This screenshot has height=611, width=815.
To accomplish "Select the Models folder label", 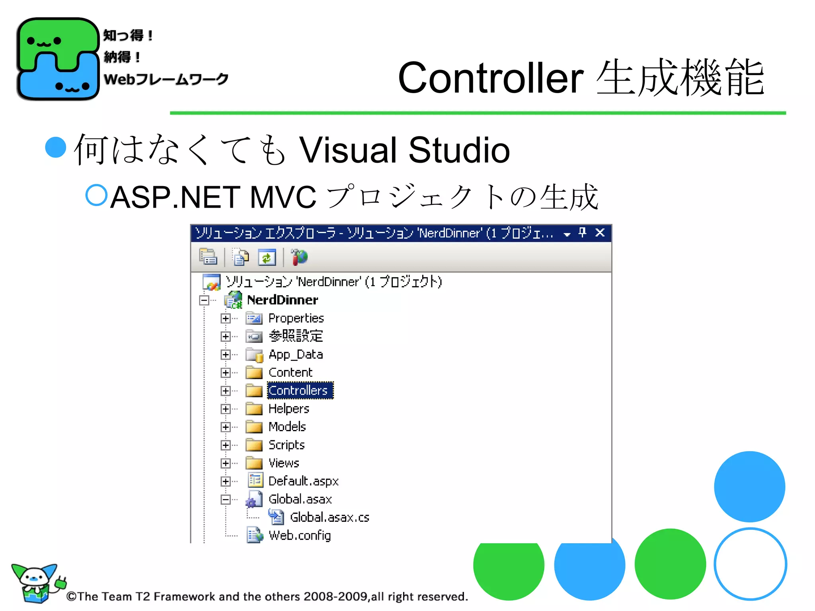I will [287, 427].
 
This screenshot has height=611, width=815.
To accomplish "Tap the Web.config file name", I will [300, 535].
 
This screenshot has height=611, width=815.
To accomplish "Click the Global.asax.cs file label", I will [330, 518].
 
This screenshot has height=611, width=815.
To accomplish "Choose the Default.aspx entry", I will [303, 481].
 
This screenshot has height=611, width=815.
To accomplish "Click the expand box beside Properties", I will [226, 318].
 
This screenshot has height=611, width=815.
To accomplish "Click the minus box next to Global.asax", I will [226, 500].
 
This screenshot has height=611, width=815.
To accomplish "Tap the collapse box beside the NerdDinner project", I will [204, 300].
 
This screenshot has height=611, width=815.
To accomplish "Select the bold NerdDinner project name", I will [283, 300].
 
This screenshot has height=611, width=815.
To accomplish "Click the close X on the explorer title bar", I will [600, 233].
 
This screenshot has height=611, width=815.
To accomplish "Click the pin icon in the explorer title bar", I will [583, 233].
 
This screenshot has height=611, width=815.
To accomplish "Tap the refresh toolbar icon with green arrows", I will [267, 258].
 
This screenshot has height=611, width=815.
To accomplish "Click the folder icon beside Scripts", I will [254, 445].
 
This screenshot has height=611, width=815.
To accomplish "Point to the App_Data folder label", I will [296, 354].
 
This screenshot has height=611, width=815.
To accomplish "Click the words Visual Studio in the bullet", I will [404, 150].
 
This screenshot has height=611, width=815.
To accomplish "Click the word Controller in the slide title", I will [491, 78].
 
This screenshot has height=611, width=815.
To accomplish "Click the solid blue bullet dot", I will [56, 148].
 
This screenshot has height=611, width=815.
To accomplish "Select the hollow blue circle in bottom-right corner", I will [750, 564].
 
